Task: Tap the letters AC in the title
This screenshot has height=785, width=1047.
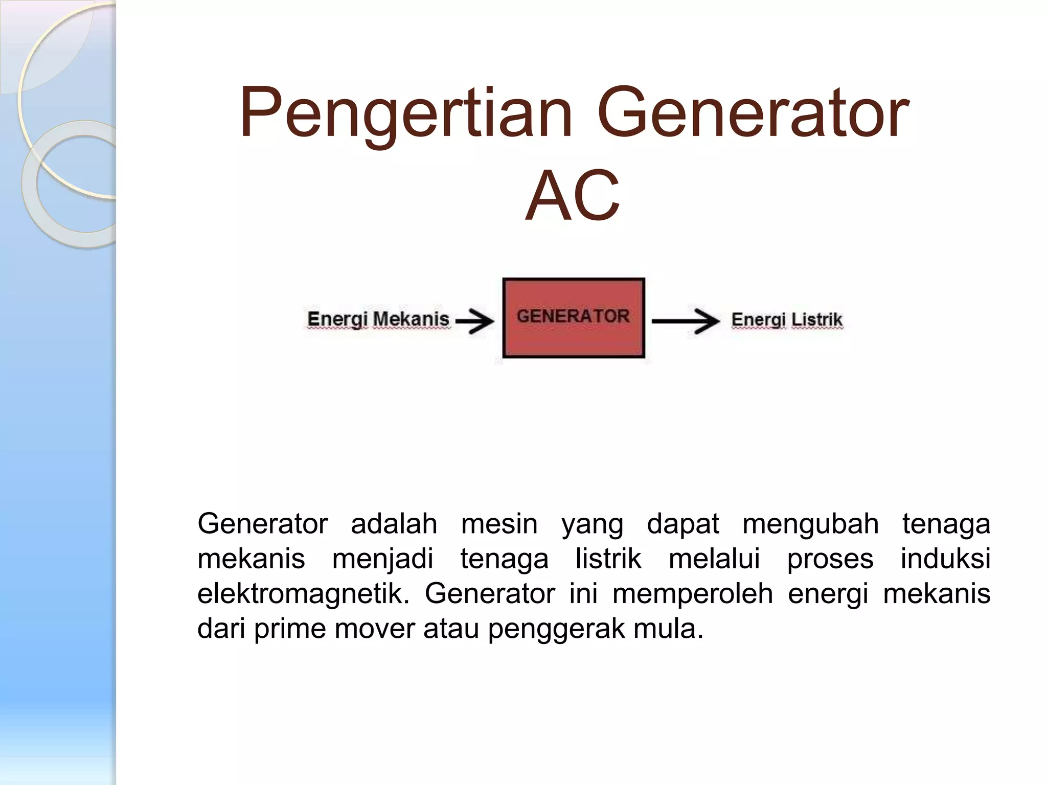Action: [x=573, y=197]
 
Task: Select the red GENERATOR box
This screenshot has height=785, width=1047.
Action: [x=573, y=318]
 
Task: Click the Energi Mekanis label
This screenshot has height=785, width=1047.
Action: [x=378, y=319]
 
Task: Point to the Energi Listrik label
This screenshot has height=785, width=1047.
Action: [x=786, y=320]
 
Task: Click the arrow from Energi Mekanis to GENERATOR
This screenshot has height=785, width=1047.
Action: [x=475, y=321]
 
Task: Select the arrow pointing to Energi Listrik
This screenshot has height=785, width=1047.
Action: [x=686, y=321]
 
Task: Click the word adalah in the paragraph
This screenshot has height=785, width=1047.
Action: [x=394, y=524]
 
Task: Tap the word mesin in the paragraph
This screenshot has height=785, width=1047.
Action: [x=499, y=524]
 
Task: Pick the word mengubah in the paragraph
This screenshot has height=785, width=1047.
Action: [x=810, y=524]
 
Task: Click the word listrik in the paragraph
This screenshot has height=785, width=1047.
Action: [x=608, y=559]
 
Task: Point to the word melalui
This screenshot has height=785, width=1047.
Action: [x=714, y=559]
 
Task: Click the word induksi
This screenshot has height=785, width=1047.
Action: [x=945, y=559]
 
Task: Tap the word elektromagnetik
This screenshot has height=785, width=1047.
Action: [x=303, y=594]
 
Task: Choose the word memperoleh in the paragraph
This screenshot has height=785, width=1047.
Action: [x=692, y=594]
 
